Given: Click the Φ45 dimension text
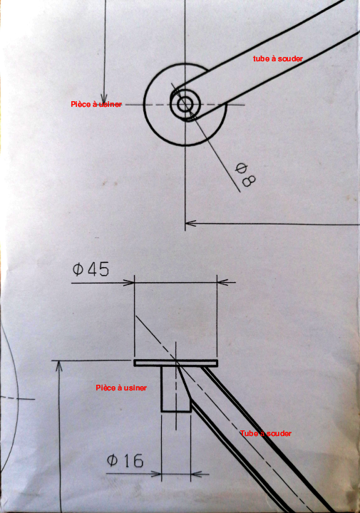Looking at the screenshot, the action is pos(91,269).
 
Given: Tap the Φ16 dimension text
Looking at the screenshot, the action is pos(125,460).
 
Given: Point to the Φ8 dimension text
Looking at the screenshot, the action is pos(245,175).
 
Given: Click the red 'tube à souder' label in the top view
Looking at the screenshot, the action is pos(278,58).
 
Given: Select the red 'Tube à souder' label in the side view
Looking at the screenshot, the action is pos(266,433).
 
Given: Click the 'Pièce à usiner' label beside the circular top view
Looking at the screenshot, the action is pos(96,104).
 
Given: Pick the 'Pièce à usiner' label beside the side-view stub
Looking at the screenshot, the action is pos(121,388).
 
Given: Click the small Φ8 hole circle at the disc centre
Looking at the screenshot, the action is pos(185,104).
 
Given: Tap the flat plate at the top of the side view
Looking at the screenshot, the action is pos(176,363).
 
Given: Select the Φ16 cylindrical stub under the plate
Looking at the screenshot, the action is pos(176,389).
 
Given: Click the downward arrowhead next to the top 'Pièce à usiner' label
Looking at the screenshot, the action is pos(104,98).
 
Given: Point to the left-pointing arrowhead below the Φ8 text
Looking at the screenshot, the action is pos(190,224).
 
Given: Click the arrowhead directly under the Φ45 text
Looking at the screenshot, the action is pos(128,282).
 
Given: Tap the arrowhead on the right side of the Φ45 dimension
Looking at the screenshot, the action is pos(223,281).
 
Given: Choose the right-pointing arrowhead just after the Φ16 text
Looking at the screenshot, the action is pos(156,473).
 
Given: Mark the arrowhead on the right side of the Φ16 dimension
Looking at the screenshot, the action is pos(196,473).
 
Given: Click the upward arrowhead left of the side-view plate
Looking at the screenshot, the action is pos(59,366).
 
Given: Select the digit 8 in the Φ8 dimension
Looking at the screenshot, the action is pos(249,181).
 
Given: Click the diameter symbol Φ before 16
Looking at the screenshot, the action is pos(112,461).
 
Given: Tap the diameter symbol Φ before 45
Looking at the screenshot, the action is pos(78,269).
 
